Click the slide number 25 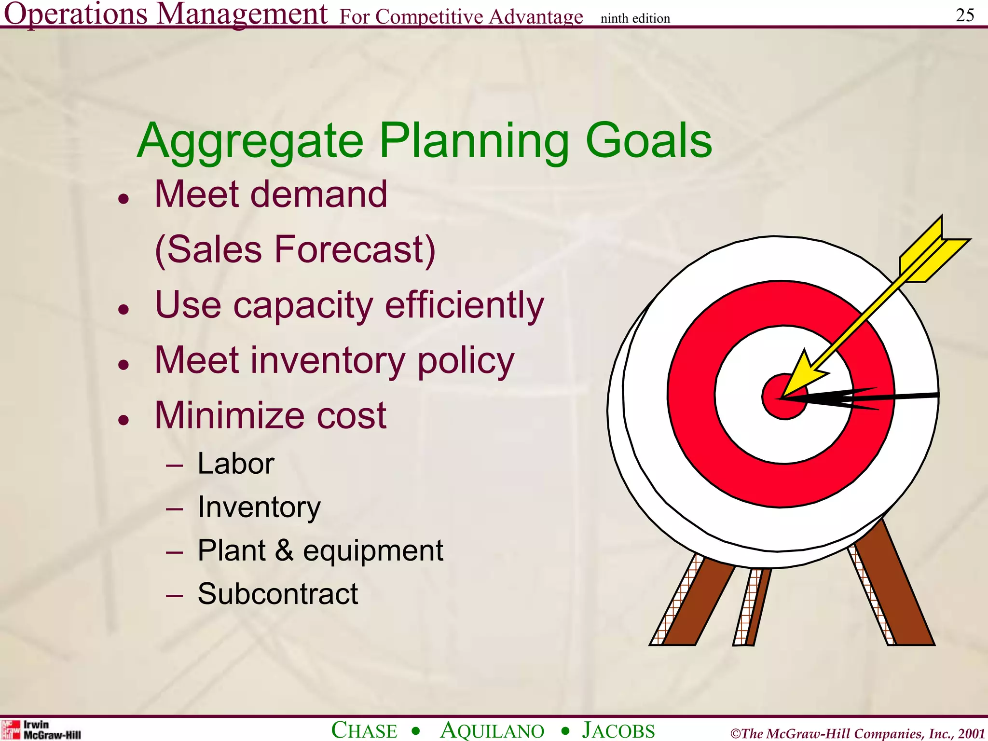pos(965,15)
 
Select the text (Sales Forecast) pos(295,250)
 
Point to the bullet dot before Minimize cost pos(124,420)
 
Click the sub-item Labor pos(235,464)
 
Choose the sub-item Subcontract pos(278,593)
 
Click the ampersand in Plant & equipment pos(285,550)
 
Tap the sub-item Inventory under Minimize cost pos(259,507)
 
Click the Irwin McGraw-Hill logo pos(41,729)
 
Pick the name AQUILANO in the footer pos(492,730)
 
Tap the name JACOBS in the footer pos(618,730)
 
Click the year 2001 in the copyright pos(971,733)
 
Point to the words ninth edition pos(635,18)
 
